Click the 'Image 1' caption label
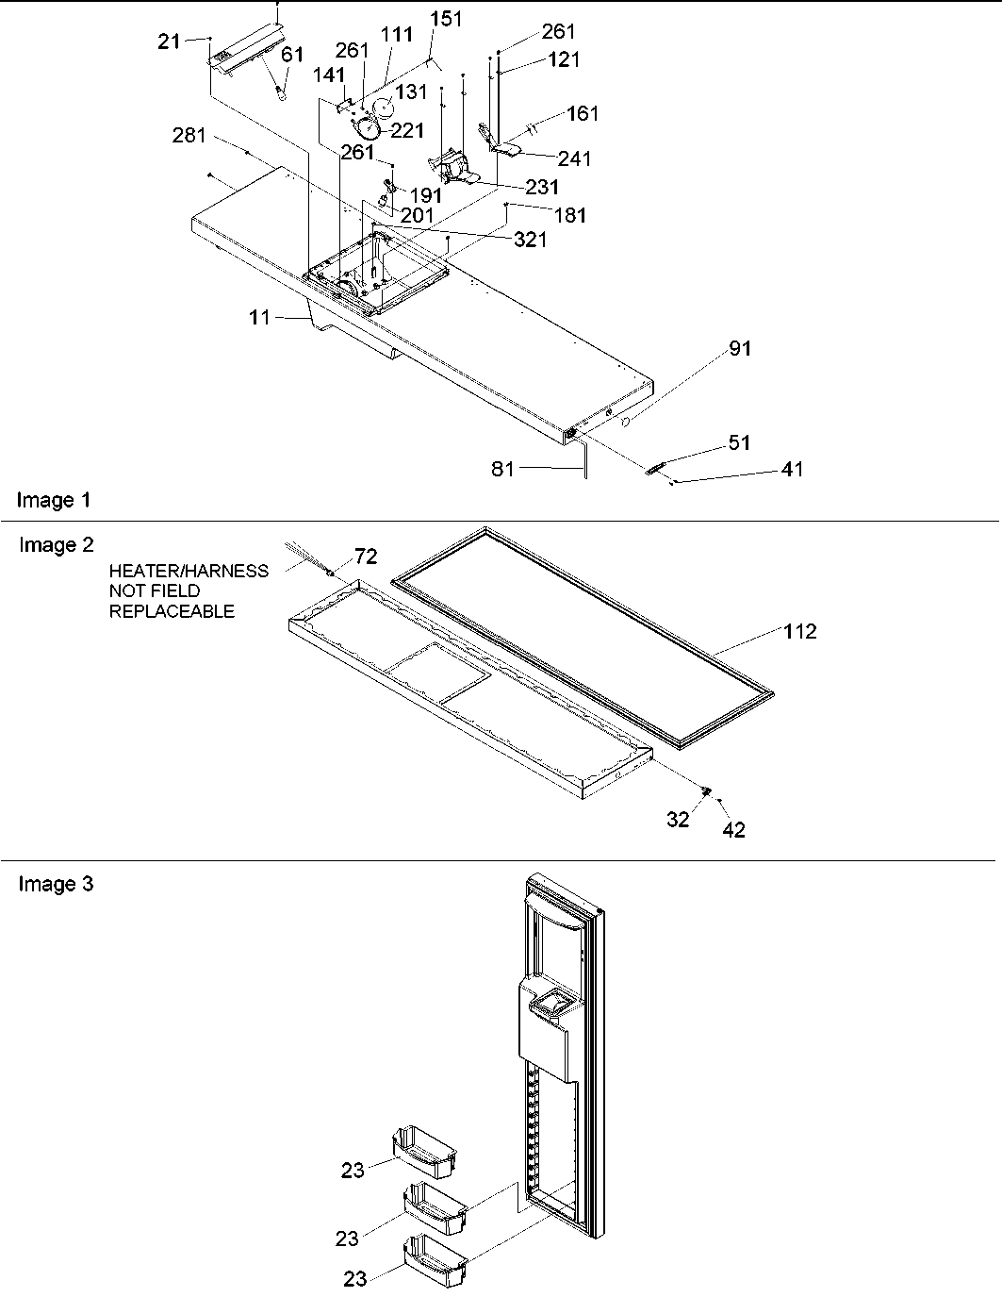click(55, 501)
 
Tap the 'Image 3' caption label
click(56, 885)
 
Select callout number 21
click(169, 42)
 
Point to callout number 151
click(447, 20)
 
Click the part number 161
click(583, 114)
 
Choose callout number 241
click(574, 158)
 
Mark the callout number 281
click(189, 137)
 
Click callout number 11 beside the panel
click(260, 318)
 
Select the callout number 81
click(503, 467)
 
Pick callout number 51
click(740, 442)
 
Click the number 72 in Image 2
click(366, 557)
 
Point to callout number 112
click(799, 631)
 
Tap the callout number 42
click(733, 830)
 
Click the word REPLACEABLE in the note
click(172, 611)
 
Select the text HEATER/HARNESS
click(189, 571)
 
